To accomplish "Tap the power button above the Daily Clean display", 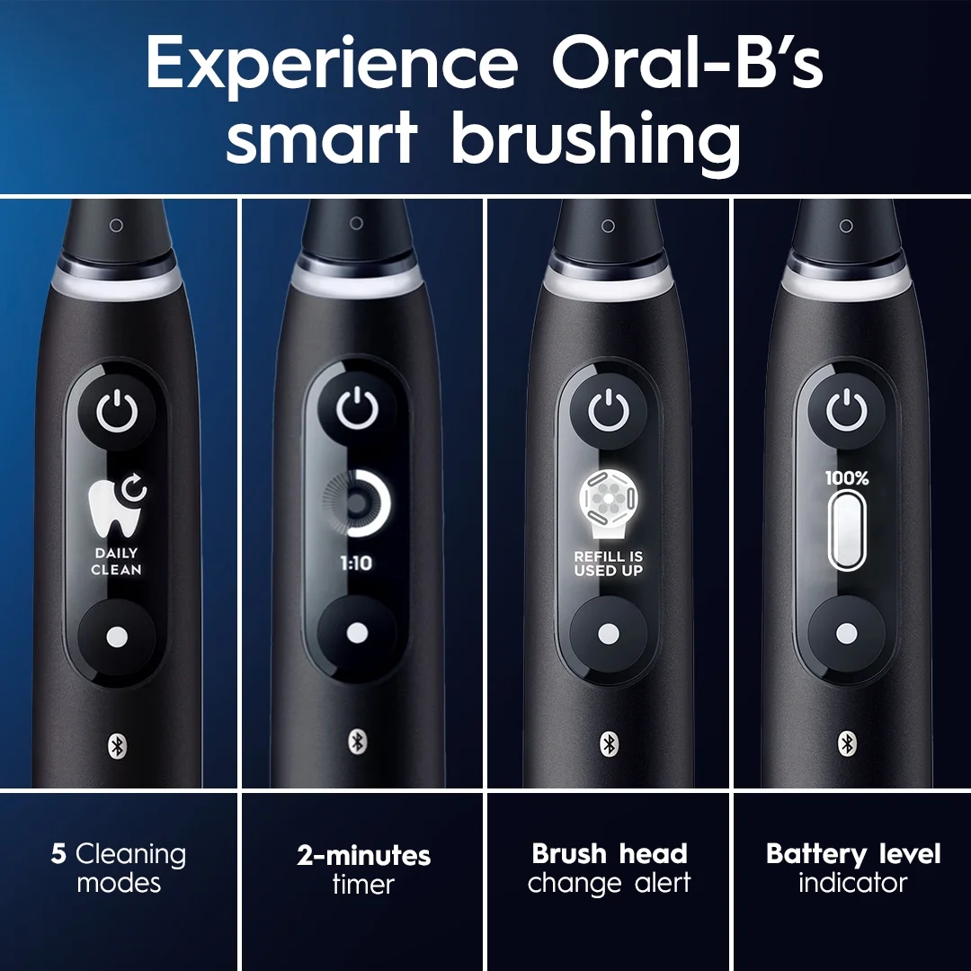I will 118,414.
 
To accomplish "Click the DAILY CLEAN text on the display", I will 116,562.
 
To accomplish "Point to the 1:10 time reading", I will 356,564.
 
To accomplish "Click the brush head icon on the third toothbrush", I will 607,498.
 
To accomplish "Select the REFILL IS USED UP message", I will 609,564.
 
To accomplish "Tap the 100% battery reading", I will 847,478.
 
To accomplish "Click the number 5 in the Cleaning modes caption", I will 58,854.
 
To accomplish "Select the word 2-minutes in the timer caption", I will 363,856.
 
